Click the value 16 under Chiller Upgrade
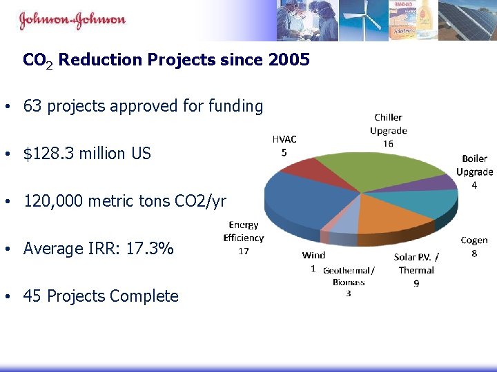388,143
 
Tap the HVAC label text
284,139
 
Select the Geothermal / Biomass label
349,276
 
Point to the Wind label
313,255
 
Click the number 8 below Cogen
474,253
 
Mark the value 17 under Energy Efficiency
243,251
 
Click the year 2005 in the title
290,60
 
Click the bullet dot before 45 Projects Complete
6,297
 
